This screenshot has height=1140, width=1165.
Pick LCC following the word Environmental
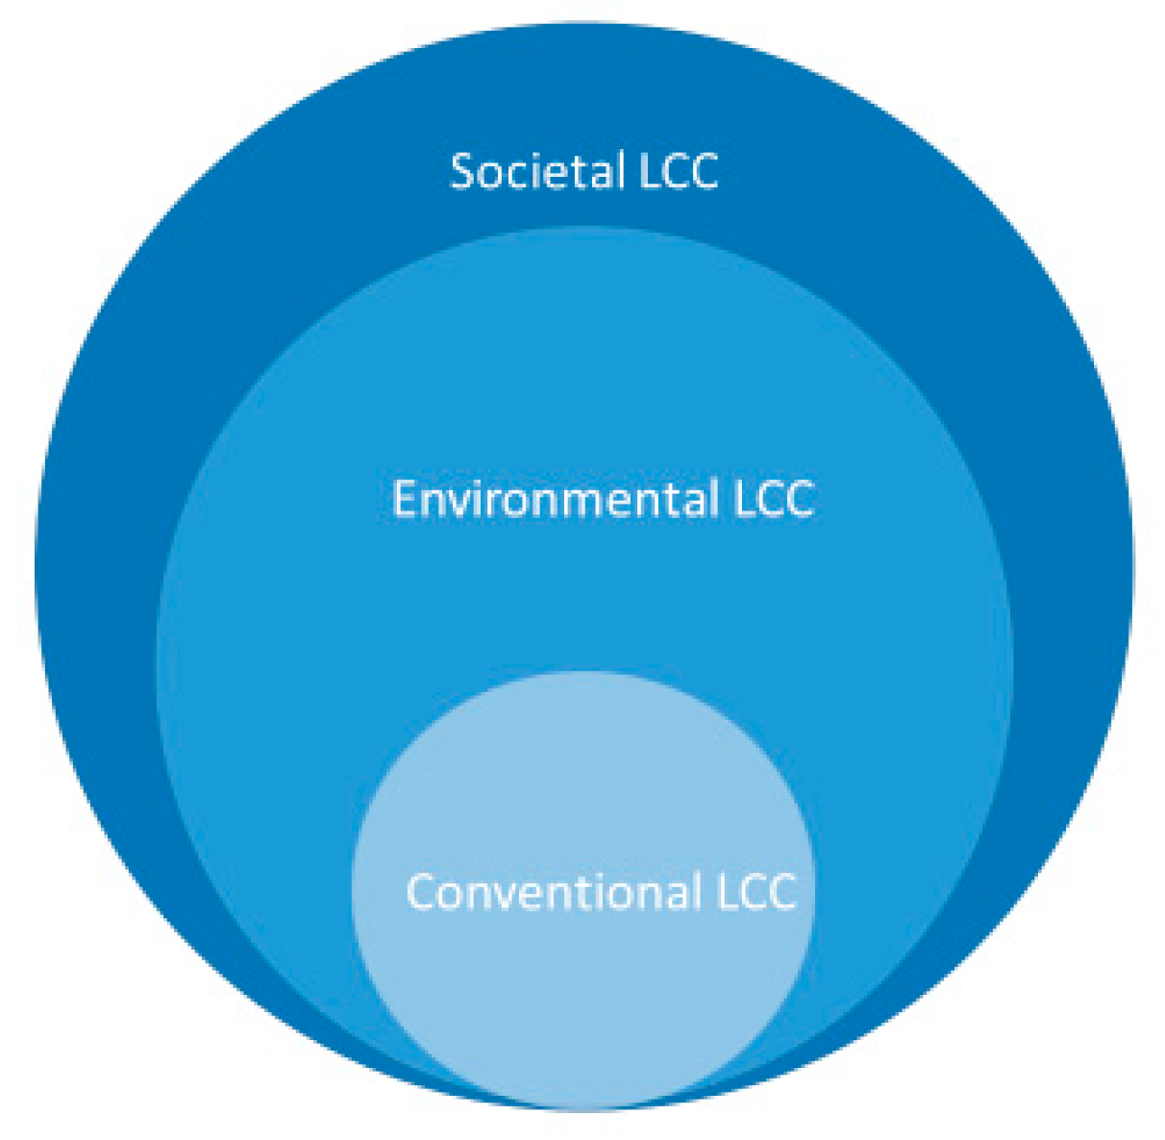pos(774,500)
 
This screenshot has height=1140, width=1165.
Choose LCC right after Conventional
pos(756,891)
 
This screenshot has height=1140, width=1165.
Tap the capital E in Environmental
pos(404,499)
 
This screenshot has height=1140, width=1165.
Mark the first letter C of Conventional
pos(421,891)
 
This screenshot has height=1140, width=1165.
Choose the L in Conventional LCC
pos(726,891)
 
